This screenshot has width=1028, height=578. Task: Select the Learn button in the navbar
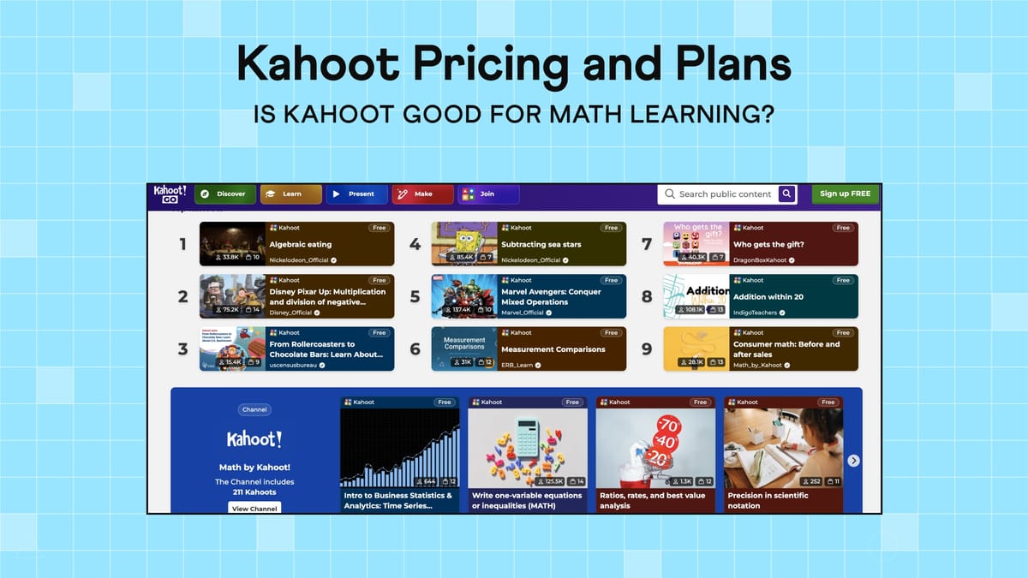click(x=290, y=194)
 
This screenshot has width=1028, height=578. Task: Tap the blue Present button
click(x=355, y=194)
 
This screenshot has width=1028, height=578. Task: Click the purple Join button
click(x=488, y=194)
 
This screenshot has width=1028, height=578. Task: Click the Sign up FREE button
click(x=845, y=194)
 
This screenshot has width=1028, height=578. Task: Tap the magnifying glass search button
click(x=787, y=194)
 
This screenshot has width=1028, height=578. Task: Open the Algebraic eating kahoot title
click(x=300, y=245)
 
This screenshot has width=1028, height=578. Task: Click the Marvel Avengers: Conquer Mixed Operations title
click(x=551, y=297)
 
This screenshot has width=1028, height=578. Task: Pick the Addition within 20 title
click(x=768, y=297)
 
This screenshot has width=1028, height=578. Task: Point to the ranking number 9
click(x=647, y=349)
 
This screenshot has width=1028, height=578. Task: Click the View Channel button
click(x=254, y=508)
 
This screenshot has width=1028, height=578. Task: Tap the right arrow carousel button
click(x=853, y=461)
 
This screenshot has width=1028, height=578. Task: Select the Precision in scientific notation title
click(x=768, y=500)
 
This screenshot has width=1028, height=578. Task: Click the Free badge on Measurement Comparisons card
click(x=611, y=333)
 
